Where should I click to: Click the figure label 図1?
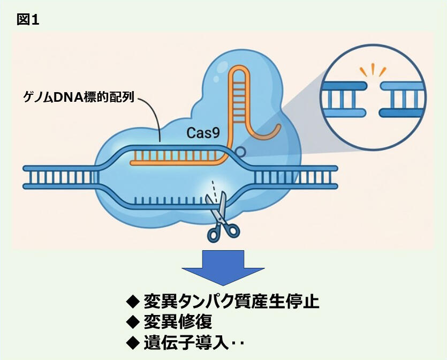tap(28, 20)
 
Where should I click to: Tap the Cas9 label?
tap(203, 133)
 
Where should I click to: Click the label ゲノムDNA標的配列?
tap(78, 97)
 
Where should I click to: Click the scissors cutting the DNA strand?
tap(222, 217)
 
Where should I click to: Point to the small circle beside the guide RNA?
tap(240, 152)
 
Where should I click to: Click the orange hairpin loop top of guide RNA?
tap(239, 69)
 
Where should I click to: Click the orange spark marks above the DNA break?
tap(372, 70)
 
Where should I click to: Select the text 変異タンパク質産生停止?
tap(231, 301)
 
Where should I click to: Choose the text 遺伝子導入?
tap(186, 343)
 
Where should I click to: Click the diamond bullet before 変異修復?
tap(133, 322)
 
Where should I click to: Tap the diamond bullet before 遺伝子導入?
tap(133, 343)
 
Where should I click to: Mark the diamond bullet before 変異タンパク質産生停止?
tap(133, 302)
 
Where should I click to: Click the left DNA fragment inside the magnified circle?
tap(344, 99)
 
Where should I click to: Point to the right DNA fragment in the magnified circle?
tap(402, 99)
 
